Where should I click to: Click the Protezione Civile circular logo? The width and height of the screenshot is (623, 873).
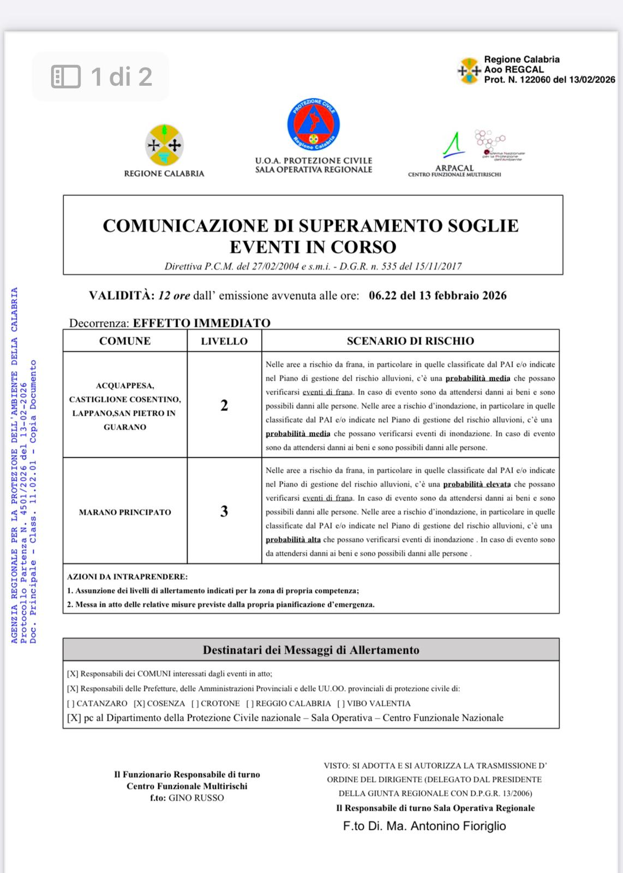point(313,125)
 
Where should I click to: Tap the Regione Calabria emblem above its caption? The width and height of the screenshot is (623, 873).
point(164,145)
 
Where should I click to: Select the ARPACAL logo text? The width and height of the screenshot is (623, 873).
point(454,168)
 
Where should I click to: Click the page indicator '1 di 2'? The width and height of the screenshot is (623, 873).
point(121,76)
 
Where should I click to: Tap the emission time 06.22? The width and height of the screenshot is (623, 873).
point(383,296)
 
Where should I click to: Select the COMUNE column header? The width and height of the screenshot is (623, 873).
point(125,341)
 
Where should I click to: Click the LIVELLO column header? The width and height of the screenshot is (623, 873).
point(224,341)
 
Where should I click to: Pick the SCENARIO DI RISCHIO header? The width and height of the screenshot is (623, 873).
point(410,341)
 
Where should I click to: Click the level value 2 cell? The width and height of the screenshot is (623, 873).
point(224,405)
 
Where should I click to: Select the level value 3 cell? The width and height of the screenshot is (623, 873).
point(224,511)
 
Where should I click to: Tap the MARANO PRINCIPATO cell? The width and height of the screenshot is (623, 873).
point(125,512)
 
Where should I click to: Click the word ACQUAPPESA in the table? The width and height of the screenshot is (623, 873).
point(125,386)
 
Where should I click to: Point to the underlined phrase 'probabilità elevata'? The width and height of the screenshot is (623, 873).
point(477,484)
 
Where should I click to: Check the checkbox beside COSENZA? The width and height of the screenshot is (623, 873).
point(139,704)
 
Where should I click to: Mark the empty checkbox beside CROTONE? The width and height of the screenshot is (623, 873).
point(195,704)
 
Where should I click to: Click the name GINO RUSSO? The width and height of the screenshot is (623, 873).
point(196,798)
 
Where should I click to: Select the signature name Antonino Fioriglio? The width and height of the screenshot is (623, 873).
point(458,826)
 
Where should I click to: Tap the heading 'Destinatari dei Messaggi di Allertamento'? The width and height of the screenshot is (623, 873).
point(311,650)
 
